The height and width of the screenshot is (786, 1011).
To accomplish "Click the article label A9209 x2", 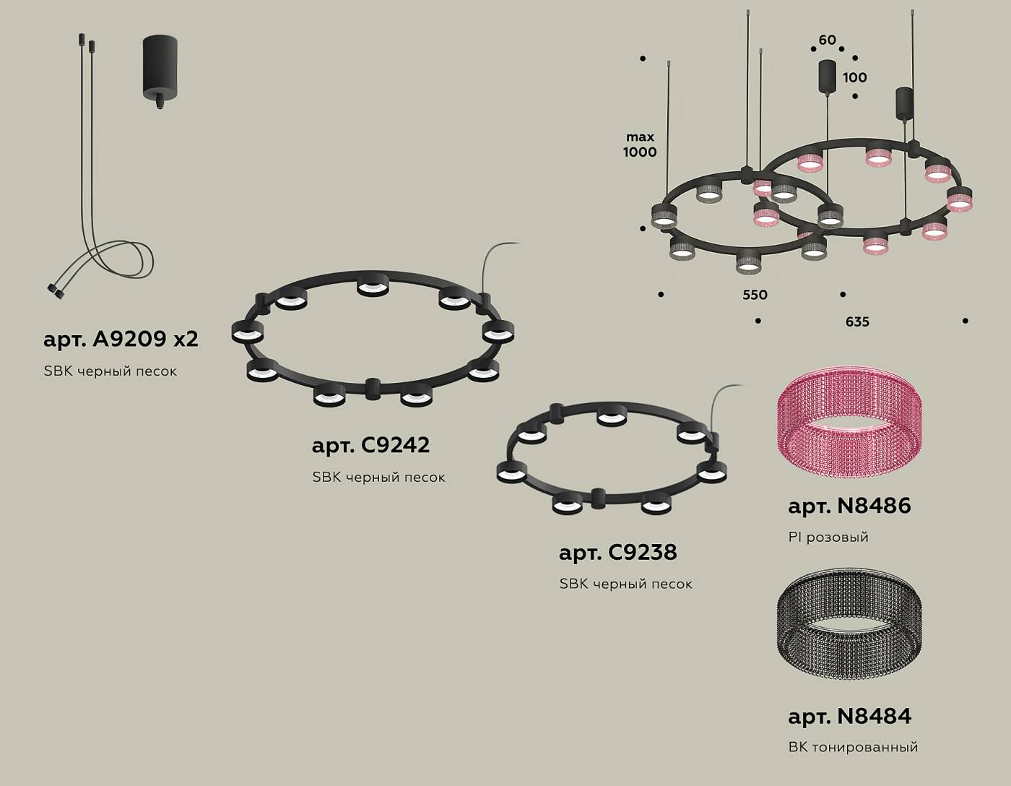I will (x=121, y=339).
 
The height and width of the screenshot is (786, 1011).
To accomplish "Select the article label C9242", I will (x=370, y=445).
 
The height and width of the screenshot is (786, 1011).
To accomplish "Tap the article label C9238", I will (x=617, y=553).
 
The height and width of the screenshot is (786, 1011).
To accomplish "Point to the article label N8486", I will (x=849, y=506).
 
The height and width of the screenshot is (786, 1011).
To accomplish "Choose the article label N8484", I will (x=849, y=717).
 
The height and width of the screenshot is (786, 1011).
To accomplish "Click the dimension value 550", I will (x=755, y=295).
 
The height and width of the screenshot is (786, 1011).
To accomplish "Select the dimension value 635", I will (x=857, y=321).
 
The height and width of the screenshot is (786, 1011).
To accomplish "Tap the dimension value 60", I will (x=827, y=40).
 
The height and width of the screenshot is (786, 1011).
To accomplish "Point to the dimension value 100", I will (x=854, y=77).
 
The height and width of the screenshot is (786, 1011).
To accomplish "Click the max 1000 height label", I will (x=640, y=144).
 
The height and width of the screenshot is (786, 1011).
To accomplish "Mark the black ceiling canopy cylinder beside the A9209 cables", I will (x=159, y=69).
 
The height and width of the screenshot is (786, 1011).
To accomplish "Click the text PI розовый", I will (x=828, y=537).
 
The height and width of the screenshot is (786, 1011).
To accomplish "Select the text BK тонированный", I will (x=853, y=747).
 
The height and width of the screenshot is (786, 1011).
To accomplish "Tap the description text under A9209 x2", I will (x=110, y=371).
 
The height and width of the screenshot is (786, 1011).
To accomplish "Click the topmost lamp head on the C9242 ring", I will (x=373, y=285).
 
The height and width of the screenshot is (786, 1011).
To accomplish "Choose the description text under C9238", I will (x=625, y=584).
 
